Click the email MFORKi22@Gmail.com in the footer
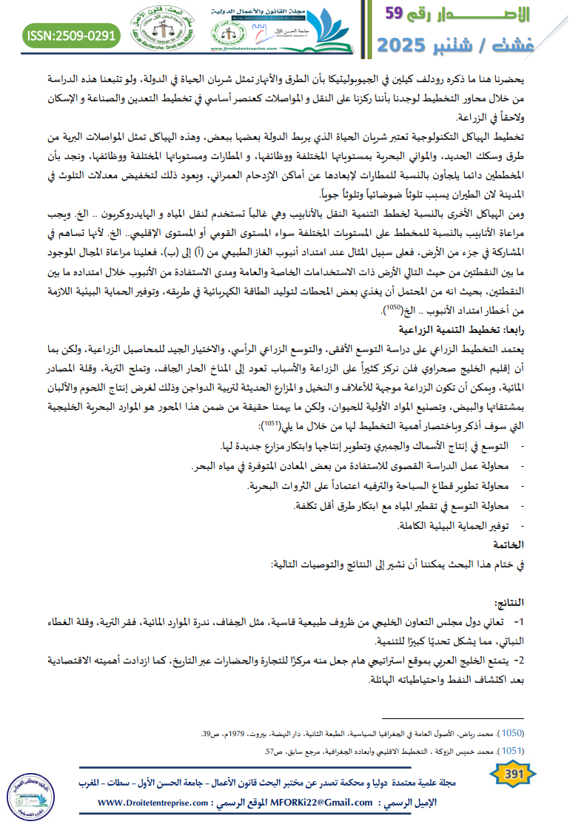[323, 803]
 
